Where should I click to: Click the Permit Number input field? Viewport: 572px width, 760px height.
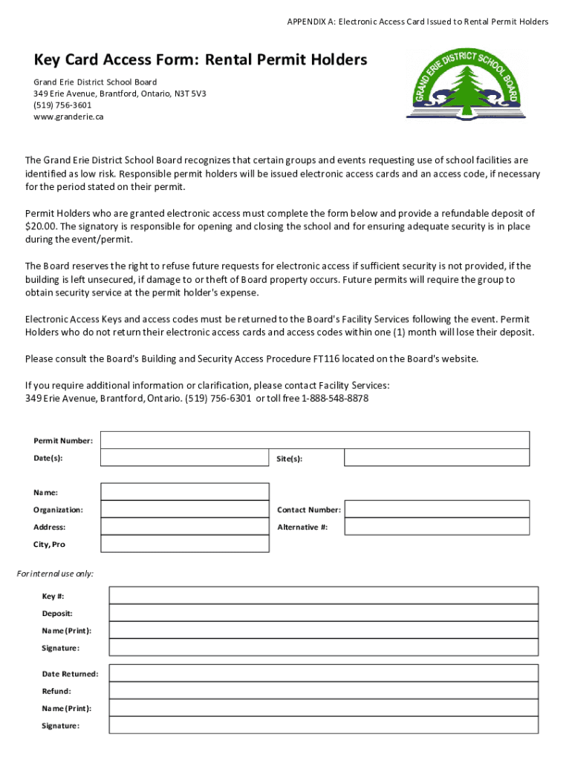coord(315,440)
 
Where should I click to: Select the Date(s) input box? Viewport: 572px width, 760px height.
coord(185,458)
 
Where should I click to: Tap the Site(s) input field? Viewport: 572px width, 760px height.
coord(438,458)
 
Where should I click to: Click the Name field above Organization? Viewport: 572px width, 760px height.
coord(185,492)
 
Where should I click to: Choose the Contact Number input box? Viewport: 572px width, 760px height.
coord(438,509)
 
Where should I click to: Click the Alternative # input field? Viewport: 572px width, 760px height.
coord(438,527)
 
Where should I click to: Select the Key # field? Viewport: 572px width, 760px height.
coord(323,596)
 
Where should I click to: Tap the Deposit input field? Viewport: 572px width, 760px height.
coord(323,613)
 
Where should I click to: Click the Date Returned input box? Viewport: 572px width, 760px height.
coord(323,673)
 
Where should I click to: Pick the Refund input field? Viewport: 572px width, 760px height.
coord(323,690)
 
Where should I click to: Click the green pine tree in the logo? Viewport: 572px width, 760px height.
coord(467,88)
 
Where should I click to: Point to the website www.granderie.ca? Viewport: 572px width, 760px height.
coord(68,117)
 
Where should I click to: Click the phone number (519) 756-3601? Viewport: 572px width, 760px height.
coord(62,105)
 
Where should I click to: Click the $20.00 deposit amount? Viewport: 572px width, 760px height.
coord(40,226)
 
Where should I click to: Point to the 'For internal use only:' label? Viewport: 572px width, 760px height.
coord(55,574)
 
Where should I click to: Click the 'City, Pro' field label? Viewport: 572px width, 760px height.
coord(49,544)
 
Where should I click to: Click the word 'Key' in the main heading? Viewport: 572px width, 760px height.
coord(48,59)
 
